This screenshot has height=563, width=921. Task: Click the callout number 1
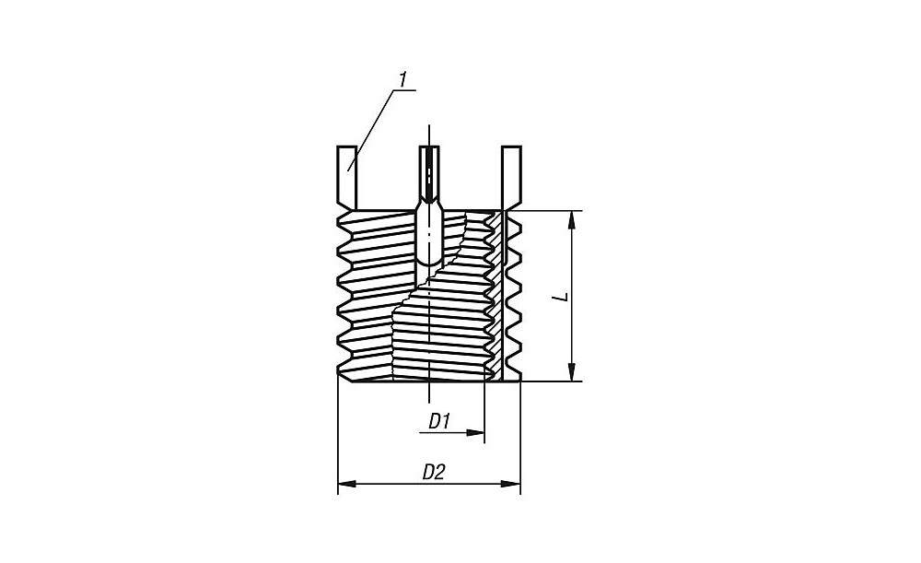click(402, 80)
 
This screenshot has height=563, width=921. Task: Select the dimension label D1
click(438, 421)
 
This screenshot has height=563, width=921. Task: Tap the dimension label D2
click(434, 472)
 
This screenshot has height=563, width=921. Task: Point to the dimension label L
click(562, 296)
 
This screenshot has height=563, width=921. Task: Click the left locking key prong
click(347, 178)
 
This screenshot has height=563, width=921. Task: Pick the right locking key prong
click(511, 178)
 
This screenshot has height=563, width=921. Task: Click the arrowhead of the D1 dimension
click(474, 432)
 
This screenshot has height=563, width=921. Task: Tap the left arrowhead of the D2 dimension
click(347, 484)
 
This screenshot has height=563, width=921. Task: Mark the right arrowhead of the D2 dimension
click(510, 484)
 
